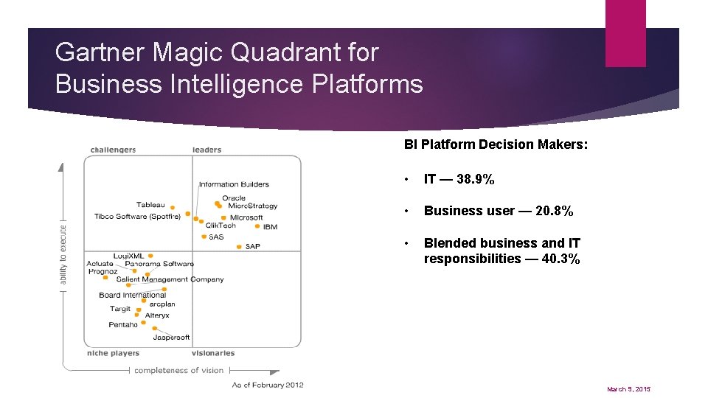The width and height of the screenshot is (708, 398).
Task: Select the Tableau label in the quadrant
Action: (x=150, y=205)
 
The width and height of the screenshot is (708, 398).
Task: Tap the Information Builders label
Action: (x=234, y=184)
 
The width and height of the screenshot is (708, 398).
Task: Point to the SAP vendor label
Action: (x=253, y=246)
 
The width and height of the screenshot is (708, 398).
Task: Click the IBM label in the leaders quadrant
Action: (x=270, y=227)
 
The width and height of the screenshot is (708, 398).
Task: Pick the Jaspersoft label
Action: (x=171, y=338)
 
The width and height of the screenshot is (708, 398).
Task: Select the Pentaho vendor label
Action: (x=123, y=324)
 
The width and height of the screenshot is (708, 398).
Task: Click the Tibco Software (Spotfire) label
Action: (x=137, y=217)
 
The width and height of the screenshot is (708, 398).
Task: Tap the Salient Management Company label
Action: (x=170, y=279)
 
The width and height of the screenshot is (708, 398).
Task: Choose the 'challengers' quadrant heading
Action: (x=113, y=150)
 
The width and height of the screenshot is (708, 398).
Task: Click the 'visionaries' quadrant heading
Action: (x=213, y=353)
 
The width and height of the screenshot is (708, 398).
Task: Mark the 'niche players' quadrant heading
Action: (x=113, y=353)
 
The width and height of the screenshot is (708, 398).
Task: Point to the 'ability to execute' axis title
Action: (x=63, y=250)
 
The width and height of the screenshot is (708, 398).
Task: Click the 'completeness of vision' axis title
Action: (x=178, y=370)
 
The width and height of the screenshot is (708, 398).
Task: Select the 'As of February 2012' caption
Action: (x=268, y=385)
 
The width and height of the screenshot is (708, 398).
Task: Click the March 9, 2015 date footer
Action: (x=629, y=389)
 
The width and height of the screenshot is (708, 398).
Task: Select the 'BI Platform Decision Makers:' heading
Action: (x=496, y=144)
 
